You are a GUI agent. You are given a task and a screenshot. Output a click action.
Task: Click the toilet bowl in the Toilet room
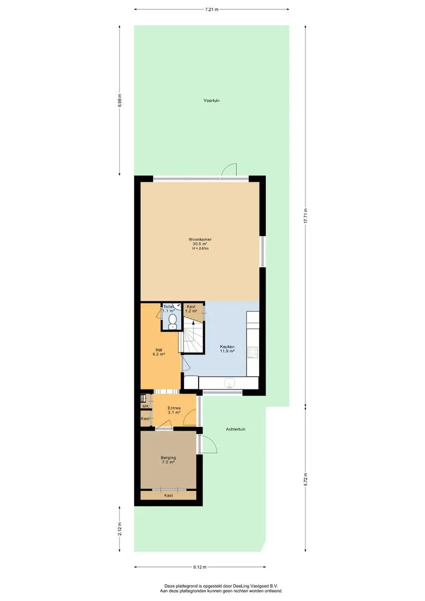coord(173,321)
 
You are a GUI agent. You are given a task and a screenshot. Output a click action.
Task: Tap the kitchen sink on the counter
coord(230,383)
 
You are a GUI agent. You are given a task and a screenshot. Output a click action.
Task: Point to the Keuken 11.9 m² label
coord(228,349)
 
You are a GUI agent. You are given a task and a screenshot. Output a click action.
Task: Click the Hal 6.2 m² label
coord(159,352)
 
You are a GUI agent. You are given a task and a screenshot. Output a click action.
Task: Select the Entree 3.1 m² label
coord(174,411)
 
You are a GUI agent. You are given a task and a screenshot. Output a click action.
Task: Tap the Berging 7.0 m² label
coord(168,460)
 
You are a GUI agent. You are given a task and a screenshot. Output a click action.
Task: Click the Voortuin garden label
coord(211,101)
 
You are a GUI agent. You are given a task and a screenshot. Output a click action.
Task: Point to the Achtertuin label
coord(236,429)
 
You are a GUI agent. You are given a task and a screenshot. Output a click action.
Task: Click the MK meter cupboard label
coord(145,406)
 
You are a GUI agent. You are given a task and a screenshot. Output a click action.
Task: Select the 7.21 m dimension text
coord(211,9)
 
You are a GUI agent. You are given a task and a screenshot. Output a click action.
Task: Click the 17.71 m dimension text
coord(305,216)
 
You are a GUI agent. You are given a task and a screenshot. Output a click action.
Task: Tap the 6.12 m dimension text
coord(200,567)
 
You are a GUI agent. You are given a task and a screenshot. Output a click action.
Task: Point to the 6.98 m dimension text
coord(120,100)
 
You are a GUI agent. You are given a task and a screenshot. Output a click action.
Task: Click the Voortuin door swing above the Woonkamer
coord(229,169)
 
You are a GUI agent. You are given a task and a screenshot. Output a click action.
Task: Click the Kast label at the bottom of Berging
coord(168,496)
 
